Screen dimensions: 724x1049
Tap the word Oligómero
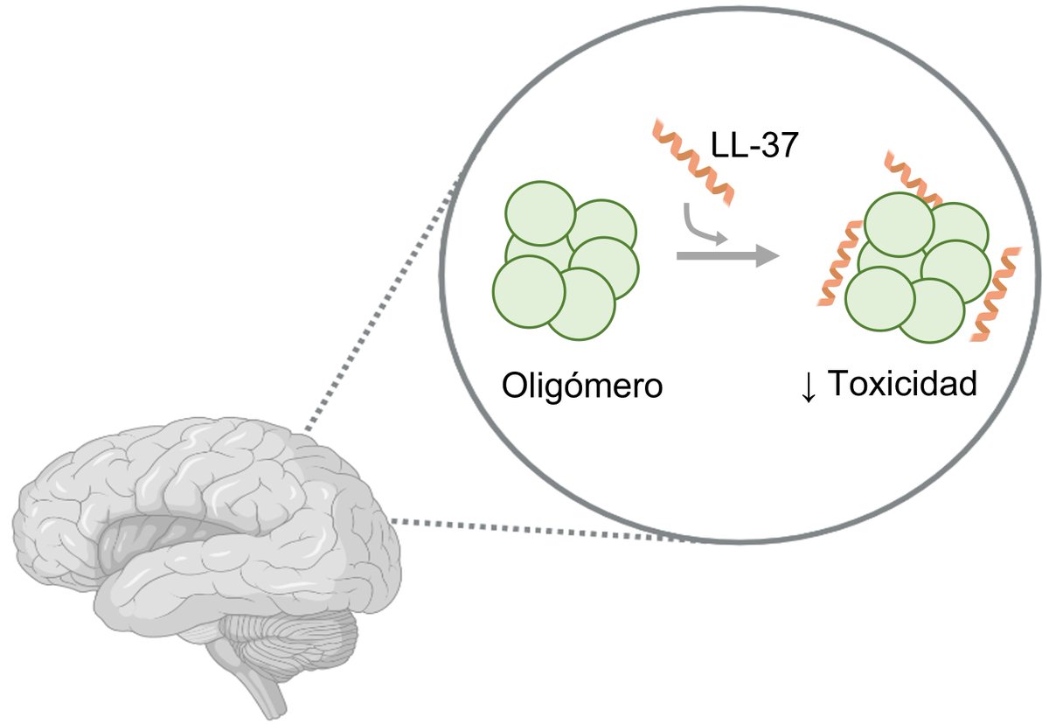581,385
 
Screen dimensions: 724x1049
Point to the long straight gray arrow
726,255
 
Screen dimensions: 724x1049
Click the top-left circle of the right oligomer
898,225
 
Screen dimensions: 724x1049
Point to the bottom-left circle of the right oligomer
879,298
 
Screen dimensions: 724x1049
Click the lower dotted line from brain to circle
542,531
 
